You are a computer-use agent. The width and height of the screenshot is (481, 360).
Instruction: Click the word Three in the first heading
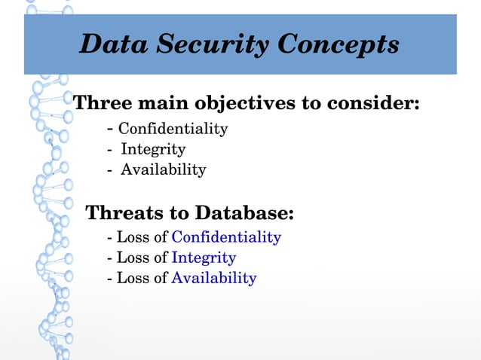tap(101, 102)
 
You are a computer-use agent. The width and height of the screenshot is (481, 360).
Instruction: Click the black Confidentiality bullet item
tap(173, 129)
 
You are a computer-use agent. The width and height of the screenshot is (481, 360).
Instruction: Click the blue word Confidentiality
tap(226, 237)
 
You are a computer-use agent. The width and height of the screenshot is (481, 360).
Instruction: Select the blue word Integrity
tap(204, 258)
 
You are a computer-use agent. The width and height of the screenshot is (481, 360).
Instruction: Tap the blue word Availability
tap(214, 278)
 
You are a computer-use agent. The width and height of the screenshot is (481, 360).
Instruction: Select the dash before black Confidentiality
tap(112, 128)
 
